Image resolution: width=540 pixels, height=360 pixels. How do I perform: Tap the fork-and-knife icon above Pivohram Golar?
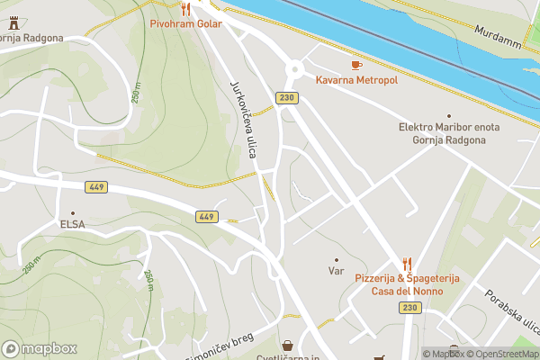(x=185, y=9)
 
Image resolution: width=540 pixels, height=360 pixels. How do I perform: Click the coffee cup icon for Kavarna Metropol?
(x=355, y=65)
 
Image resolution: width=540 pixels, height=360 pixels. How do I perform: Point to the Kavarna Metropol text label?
(x=356, y=80)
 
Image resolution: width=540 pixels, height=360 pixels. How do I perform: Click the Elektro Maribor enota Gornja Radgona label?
(x=448, y=133)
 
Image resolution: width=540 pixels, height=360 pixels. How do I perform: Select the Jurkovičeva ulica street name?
(x=244, y=118)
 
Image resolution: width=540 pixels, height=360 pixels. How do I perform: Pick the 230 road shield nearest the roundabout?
(x=287, y=97)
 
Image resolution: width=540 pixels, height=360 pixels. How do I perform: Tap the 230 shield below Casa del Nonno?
(x=410, y=308)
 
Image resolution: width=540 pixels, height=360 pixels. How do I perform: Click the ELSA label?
(x=72, y=224)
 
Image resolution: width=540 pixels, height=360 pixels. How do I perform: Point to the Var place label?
(x=337, y=270)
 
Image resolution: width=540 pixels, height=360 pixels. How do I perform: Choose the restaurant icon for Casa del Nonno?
(x=407, y=264)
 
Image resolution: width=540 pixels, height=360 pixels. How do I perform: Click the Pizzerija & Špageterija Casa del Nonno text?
(x=407, y=286)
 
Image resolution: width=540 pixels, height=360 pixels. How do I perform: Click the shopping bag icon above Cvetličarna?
(x=287, y=346)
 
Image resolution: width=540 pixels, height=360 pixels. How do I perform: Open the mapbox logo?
(x=40, y=348)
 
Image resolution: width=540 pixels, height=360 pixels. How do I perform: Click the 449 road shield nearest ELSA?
(x=96, y=186)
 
